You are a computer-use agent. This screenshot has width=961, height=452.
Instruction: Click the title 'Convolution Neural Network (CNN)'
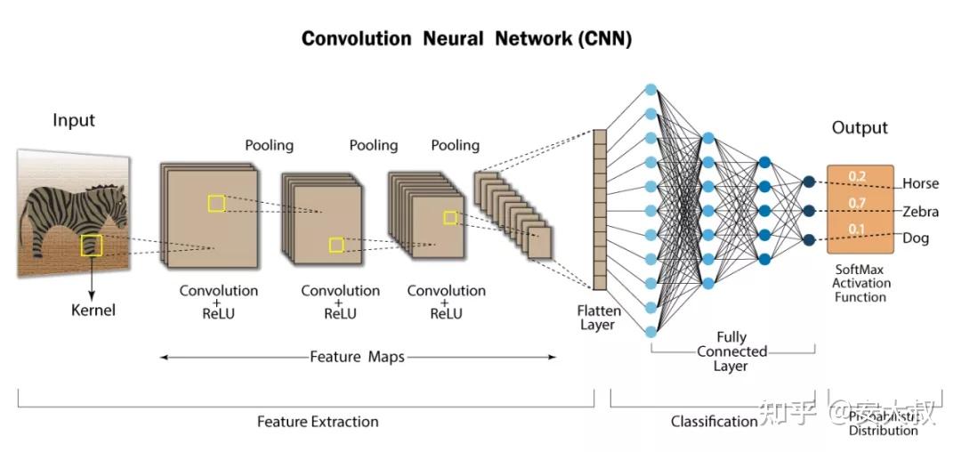[x=466, y=39]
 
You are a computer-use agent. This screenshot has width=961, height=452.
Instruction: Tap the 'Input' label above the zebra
[x=74, y=121]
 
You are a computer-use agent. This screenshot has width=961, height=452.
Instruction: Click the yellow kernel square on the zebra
[x=92, y=246]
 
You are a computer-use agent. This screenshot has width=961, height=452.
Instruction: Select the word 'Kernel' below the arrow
[x=93, y=311]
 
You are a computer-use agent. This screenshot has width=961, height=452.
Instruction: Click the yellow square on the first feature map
[x=216, y=203]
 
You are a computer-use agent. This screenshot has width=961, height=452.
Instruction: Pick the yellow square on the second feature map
[x=335, y=245]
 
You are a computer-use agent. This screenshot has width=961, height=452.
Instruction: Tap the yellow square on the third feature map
[x=449, y=217]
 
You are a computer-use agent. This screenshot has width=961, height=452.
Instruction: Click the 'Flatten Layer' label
[x=598, y=318]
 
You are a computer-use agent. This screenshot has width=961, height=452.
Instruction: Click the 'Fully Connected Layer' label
[x=731, y=351]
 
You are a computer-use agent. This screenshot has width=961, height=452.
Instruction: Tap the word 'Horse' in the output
[x=920, y=183]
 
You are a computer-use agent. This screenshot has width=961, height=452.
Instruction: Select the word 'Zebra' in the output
[x=920, y=212]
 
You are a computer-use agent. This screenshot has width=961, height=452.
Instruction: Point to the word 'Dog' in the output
[x=916, y=239]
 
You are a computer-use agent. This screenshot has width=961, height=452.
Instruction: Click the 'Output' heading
[x=860, y=128]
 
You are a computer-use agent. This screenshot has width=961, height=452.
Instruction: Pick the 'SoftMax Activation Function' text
[x=860, y=283]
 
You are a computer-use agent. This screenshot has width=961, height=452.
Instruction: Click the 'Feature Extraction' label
[x=318, y=422]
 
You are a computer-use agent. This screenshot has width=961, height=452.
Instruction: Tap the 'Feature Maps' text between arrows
[x=357, y=357]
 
